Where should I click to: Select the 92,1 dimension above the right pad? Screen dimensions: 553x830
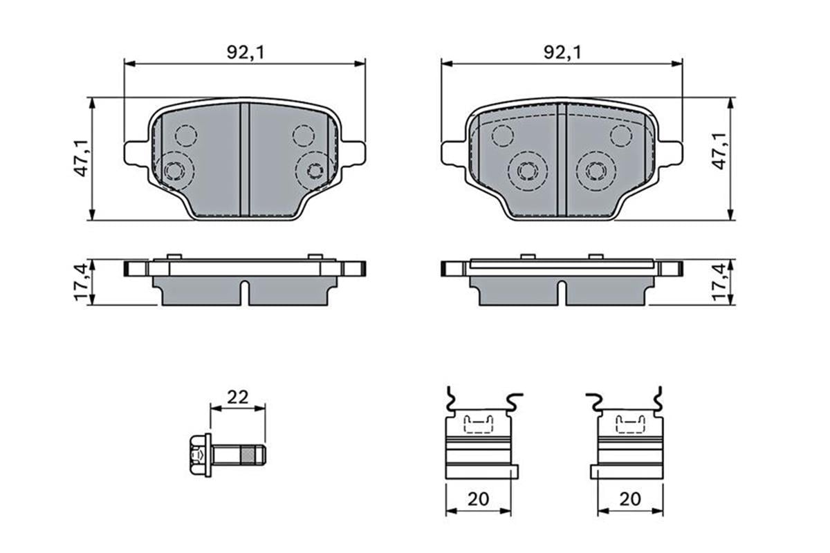pyautogui.click(x=562, y=51)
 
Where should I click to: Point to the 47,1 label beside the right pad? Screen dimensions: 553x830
pyautogui.click(x=721, y=152)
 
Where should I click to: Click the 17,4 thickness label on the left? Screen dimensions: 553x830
pyautogui.click(x=82, y=282)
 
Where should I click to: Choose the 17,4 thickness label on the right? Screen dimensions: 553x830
pyautogui.click(x=721, y=282)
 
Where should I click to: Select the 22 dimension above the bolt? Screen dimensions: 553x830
pyautogui.click(x=237, y=397)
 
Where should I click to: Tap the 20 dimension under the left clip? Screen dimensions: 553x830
pyautogui.click(x=479, y=498)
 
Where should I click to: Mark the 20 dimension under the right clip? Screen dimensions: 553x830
pyautogui.click(x=631, y=498)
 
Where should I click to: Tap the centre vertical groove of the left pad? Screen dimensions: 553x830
pyautogui.click(x=243, y=159)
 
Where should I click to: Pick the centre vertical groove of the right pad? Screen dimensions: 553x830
pyautogui.click(x=562, y=159)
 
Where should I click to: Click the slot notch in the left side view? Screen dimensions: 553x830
pyautogui.click(x=243, y=291)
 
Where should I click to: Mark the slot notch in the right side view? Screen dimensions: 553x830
pyautogui.click(x=562, y=291)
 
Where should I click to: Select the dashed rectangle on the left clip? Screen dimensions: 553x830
pyautogui.click(x=478, y=422)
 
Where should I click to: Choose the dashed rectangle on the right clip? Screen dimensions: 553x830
pyautogui.click(x=631, y=422)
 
